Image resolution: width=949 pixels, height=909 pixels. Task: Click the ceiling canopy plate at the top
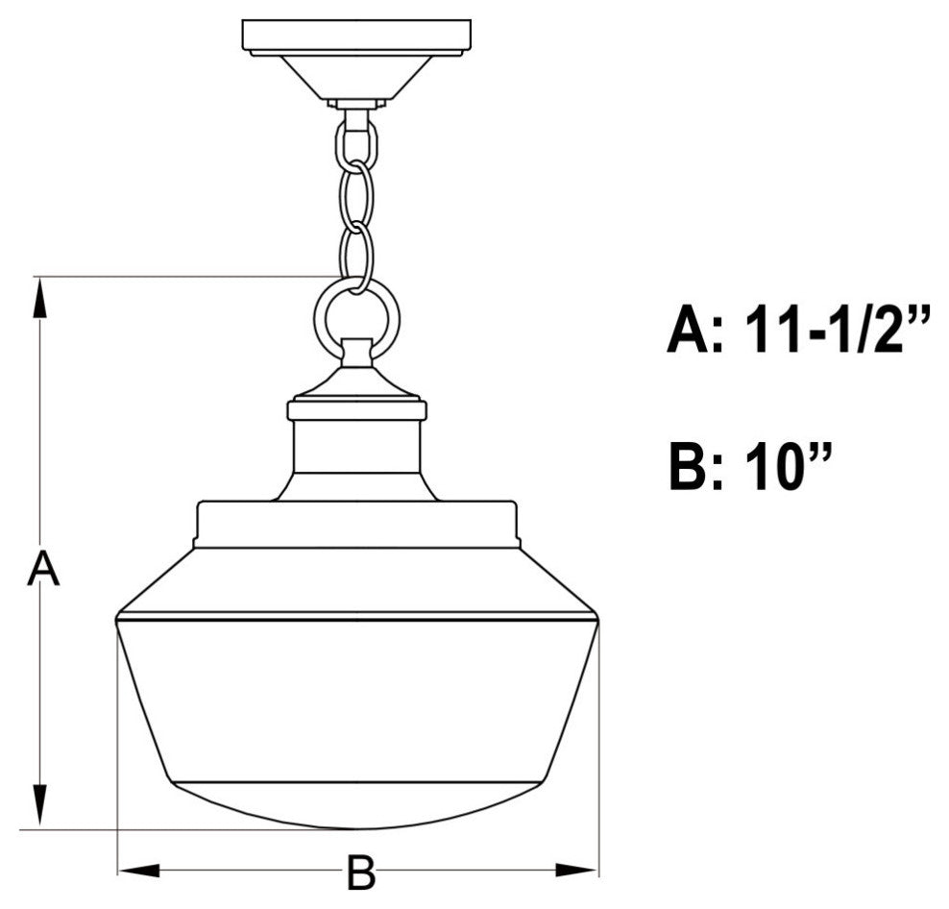point(355,36)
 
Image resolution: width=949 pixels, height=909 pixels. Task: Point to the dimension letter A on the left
point(42,569)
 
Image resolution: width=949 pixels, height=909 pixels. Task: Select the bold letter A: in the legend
point(696,332)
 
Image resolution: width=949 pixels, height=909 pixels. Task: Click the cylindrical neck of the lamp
point(356,447)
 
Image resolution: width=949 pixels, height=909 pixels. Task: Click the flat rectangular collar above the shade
point(356,525)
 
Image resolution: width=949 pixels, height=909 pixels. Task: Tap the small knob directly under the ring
point(356,354)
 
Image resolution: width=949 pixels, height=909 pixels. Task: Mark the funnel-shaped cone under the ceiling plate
point(355,77)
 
